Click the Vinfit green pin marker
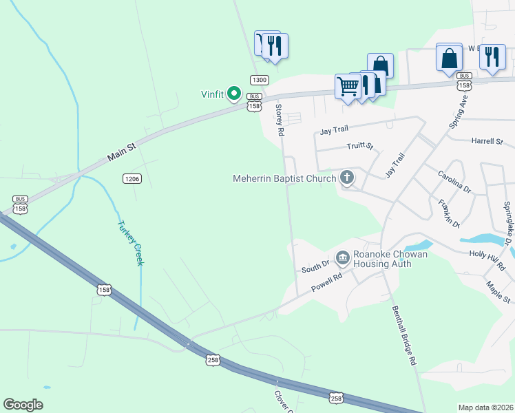tap(234, 94)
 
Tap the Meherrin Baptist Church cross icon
tap(348, 179)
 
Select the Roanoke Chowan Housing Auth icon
tap(342, 258)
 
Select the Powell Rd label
tap(326, 283)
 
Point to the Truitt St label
tap(359, 146)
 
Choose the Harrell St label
tap(487, 141)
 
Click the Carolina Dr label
tap(454, 180)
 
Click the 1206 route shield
tap(132, 179)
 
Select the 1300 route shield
tap(259, 80)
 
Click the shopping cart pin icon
tap(348, 86)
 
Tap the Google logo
tap(23, 405)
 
